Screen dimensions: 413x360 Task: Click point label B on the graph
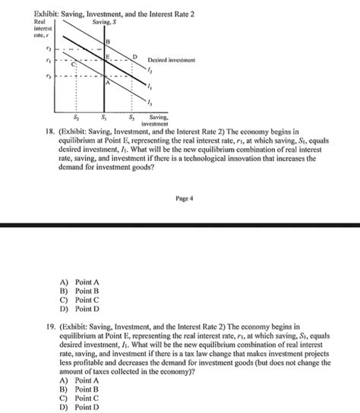coord(108,40)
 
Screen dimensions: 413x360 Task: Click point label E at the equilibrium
coord(107,56)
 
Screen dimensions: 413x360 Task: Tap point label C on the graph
coord(74,66)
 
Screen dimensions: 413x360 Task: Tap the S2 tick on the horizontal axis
coord(74,118)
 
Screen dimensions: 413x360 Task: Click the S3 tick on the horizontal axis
coord(131,118)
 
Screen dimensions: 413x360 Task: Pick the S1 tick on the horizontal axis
coord(103,118)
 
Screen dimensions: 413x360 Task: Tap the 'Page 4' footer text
coord(185,198)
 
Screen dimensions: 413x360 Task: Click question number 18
coord(52,131)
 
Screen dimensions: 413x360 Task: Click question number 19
coord(52,323)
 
